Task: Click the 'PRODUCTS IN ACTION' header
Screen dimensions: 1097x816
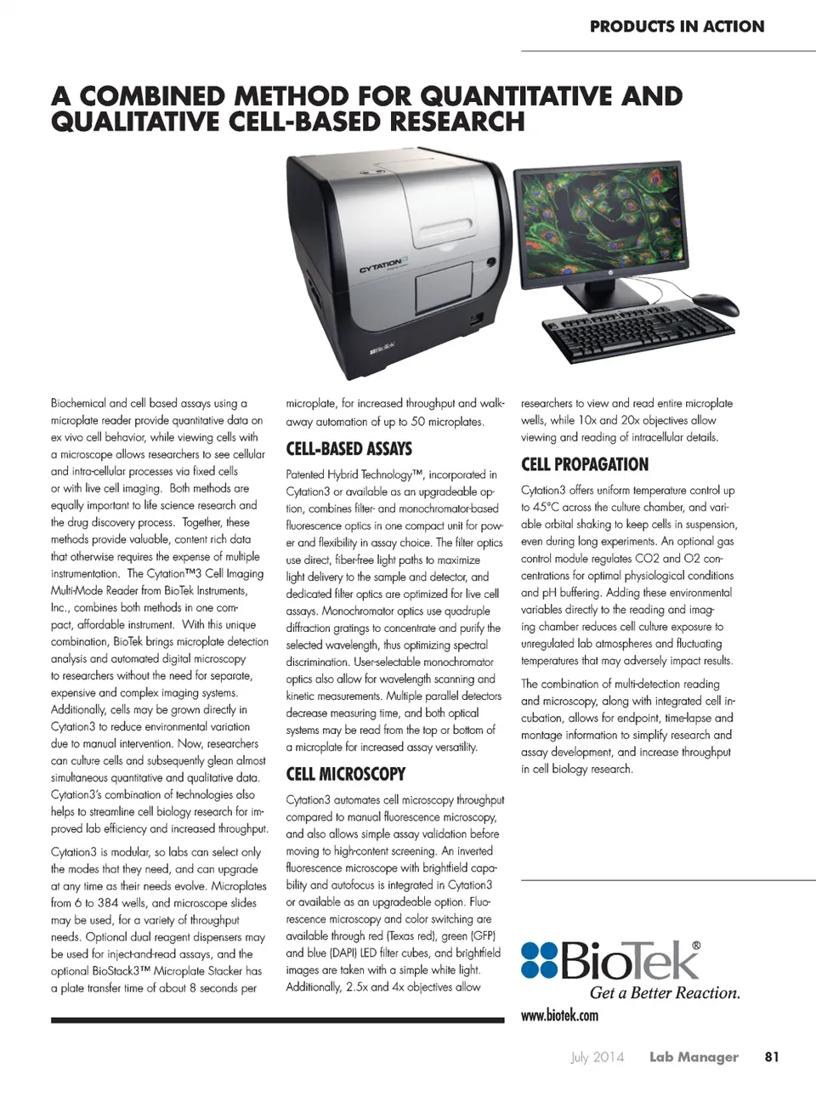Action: click(677, 26)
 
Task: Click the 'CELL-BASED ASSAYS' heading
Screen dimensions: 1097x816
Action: click(348, 449)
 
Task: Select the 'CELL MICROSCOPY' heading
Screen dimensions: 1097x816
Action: click(345, 774)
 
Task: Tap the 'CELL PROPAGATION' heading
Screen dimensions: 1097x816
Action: click(584, 464)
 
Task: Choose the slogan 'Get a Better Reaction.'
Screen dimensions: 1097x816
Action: click(665, 992)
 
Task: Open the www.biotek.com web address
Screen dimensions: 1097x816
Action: click(559, 1015)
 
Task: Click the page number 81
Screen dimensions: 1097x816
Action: click(771, 1057)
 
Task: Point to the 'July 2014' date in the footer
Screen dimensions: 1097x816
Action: click(597, 1057)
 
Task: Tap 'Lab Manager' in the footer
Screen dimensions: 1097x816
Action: click(694, 1057)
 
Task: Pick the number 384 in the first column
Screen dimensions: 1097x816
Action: click(107, 903)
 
